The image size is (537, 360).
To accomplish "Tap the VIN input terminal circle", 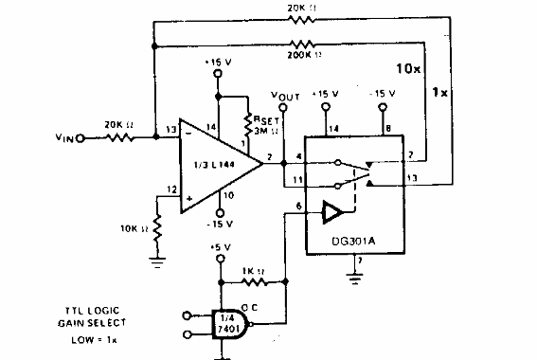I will point(80,138).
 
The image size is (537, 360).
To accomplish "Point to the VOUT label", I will point(284,95).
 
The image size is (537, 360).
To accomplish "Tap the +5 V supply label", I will point(219,248).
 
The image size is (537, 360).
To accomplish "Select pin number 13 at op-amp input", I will point(171,129).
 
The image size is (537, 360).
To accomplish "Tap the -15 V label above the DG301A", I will point(384,95).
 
